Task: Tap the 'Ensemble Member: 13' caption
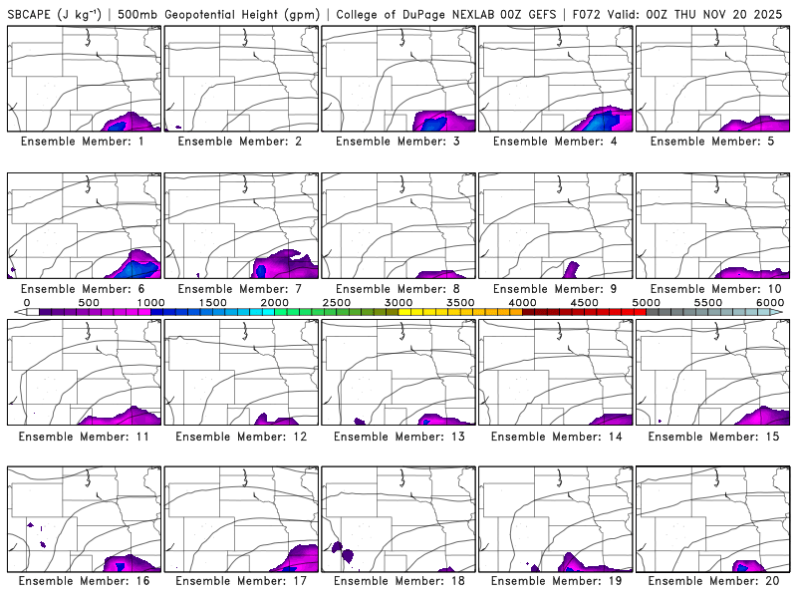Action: (x=398, y=437)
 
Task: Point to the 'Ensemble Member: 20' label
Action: (x=713, y=580)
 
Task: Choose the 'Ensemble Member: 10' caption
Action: (x=713, y=289)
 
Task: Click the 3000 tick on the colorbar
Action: (x=398, y=302)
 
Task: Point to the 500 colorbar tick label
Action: (x=89, y=302)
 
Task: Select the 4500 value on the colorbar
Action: (x=585, y=302)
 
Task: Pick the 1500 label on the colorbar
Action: (x=212, y=302)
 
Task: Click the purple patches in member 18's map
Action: (x=341, y=549)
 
